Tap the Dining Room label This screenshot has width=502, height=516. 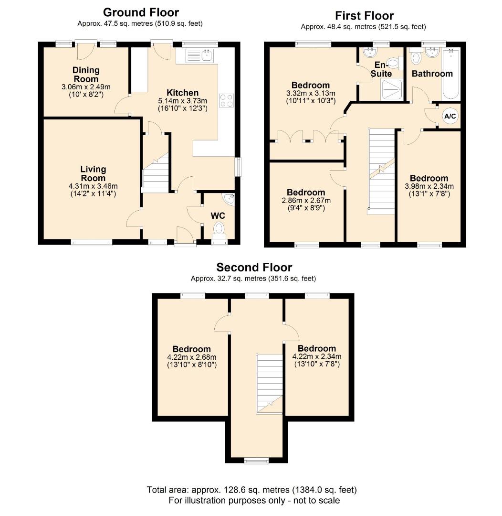(86, 75)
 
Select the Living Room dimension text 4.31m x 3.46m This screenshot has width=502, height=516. (93, 186)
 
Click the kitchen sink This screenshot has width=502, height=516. (200, 55)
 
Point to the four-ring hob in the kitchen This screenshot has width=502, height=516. (226, 100)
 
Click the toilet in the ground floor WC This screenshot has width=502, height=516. (219, 228)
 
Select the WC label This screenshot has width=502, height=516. (218, 215)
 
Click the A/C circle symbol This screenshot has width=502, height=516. (450, 116)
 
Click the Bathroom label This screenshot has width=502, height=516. (432, 74)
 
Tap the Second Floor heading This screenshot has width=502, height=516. (254, 267)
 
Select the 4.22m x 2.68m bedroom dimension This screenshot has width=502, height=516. (191, 357)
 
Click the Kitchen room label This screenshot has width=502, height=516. (182, 93)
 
